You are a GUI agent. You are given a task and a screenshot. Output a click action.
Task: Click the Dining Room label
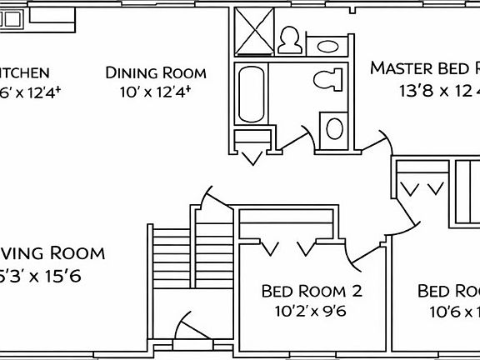(x=155, y=73)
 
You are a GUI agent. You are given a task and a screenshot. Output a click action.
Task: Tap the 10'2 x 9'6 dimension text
(x=310, y=312)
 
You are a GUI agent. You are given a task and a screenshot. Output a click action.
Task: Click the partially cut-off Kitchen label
(x=25, y=73)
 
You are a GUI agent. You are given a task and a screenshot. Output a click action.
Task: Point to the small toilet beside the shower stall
(x=292, y=39)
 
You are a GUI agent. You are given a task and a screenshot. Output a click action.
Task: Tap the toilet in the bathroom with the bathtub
(x=329, y=81)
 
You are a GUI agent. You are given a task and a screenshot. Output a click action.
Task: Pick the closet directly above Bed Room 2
(x=288, y=223)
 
